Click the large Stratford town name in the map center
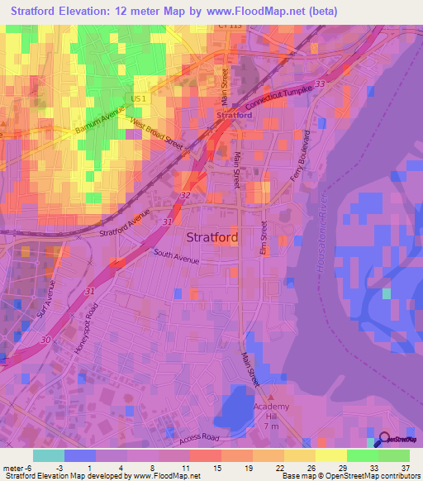click(x=213, y=237)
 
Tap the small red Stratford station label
click(x=233, y=116)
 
